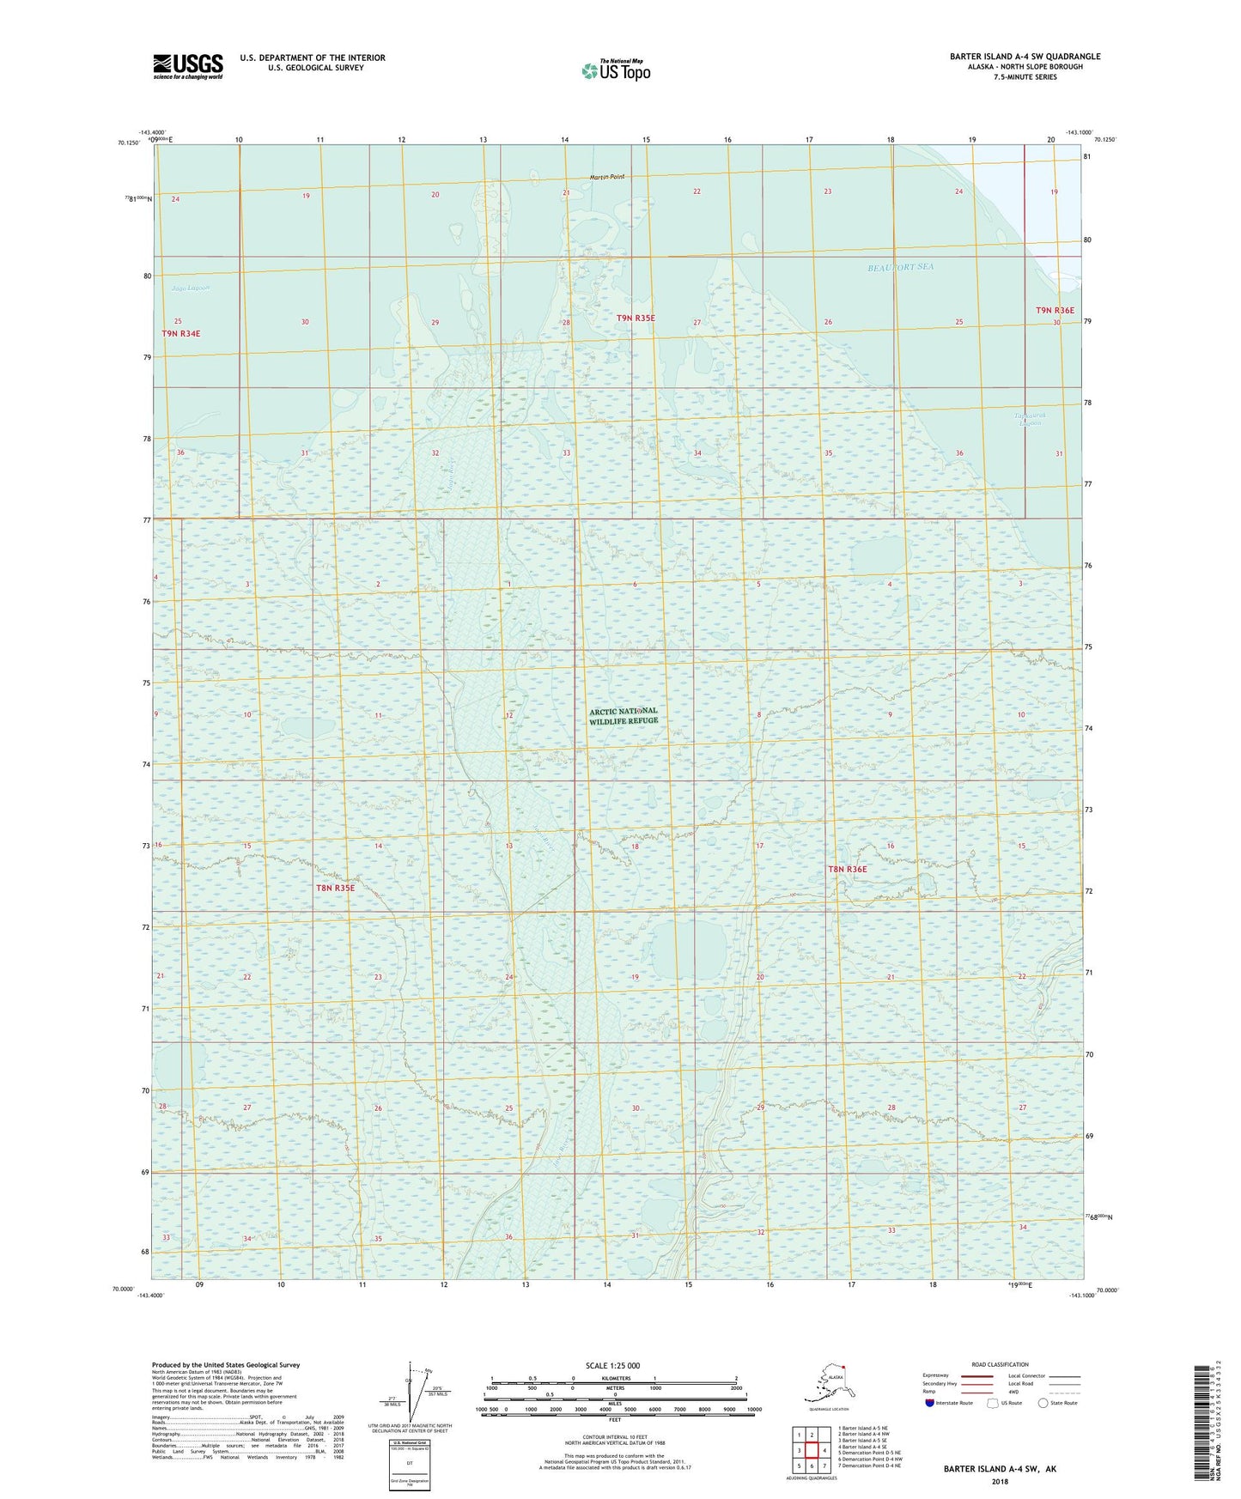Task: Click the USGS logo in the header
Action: (x=188, y=66)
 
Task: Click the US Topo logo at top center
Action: (x=615, y=70)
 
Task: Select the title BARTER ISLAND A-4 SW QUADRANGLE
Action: (x=1025, y=57)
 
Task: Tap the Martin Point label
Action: (x=607, y=178)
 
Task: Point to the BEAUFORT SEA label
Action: (x=900, y=267)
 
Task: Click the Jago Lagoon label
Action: (x=191, y=288)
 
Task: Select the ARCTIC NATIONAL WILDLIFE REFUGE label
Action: (x=624, y=716)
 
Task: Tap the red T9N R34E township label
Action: (x=186, y=333)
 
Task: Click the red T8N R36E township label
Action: (x=848, y=870)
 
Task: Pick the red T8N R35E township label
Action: (x=335, y=888)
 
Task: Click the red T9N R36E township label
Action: (x=1055, y=310)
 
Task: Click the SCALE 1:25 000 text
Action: (x=613, y=1366)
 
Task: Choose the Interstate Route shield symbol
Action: (x=930, y=1403)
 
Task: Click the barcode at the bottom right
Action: (x=1205, y=1422)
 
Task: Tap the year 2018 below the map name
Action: (x=1000, y=1481)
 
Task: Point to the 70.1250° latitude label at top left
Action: (x=129, y=143)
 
